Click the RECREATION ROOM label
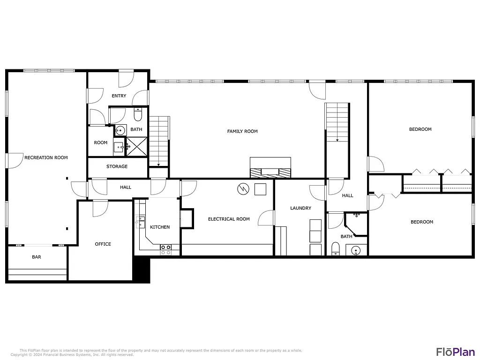(x=46, y=157)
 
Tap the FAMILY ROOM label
(x=242, y=131)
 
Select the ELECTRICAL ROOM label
(x=229, y=219)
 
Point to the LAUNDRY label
(x=300, y=208)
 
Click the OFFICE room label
(x=103, y=244)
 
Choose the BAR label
(x=37, y=257)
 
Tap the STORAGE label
(x=117, y=166)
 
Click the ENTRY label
(x=119, y=96)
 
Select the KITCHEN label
(x=160, y=227)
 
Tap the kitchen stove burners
(x=166, y=249)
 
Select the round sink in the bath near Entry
(x=120, y=130)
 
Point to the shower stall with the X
(x=137, y=146)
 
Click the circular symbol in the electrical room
(x=242, y=189)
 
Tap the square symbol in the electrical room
(x=260, y=189)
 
